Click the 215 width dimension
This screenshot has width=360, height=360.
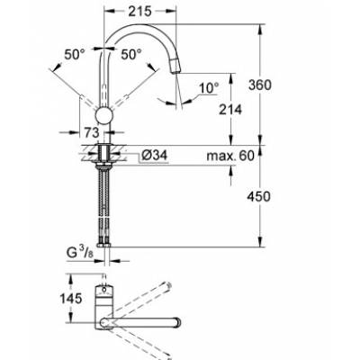click(x=140, y=12)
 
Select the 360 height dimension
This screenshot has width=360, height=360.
click(x=260, y=85)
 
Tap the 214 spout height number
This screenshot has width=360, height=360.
click(x=230, y=110)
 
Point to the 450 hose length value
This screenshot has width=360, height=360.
click(x=258, y=196)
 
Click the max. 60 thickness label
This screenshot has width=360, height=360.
click(x=230, y=156)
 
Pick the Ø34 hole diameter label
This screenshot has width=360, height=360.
click(x=154, y=156)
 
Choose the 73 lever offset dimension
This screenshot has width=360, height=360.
click(x=91, y=132)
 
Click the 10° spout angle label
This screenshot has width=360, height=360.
click(x=209, y=88)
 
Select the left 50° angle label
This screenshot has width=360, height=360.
click(x=75, y=55)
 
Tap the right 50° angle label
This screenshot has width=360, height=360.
click(x=131, y=55)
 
